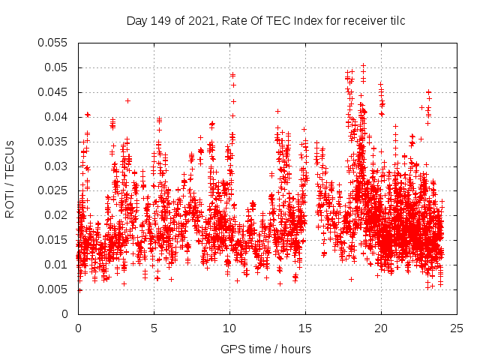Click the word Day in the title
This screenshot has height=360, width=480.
click(136, 21)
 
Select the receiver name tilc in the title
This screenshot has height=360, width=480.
click(395, 21)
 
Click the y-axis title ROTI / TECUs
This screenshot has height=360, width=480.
click(10, 178)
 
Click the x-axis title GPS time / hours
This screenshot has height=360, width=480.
click(266, 349)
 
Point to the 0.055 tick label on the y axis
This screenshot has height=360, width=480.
click(52, 43)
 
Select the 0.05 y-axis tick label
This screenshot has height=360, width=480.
click(55, 67)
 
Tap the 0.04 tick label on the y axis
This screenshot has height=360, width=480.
click(55, 117)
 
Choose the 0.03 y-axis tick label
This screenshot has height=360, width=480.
click(55, 166)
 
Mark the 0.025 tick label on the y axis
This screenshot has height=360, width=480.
click(52, 190)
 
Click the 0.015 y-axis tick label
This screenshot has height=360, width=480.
click(52, 240)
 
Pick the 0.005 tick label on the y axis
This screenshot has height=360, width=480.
click(52, 289)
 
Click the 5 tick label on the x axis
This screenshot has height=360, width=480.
click(154, 328)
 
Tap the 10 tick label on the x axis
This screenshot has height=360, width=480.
click(229, 328)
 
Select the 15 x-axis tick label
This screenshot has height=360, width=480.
click(305, 328)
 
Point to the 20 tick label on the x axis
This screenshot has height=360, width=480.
click(381, 328)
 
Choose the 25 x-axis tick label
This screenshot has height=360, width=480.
click(457, 328)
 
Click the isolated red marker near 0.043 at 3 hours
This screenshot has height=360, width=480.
click(127, 100)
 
